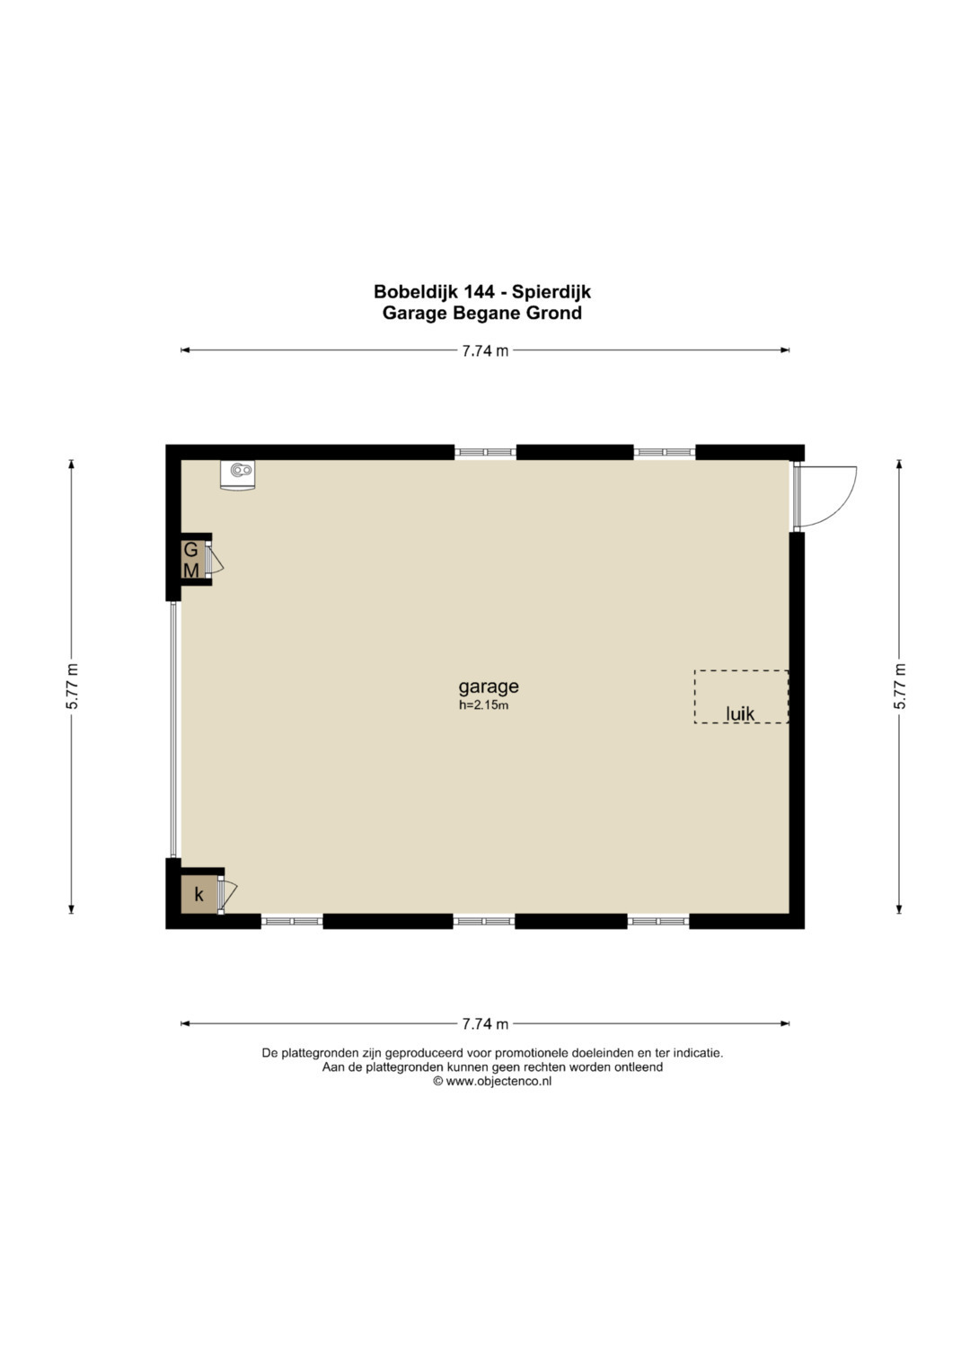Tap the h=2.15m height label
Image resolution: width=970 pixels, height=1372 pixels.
tap(484, 705)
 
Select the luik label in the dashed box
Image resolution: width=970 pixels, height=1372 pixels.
tap(740, 713)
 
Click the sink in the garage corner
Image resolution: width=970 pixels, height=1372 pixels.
tap(238, 474)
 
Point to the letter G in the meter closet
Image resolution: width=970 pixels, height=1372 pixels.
tap(190, 550)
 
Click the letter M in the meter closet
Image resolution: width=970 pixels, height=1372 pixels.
tap(191, 571)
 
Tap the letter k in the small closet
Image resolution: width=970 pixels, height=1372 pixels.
tap(198, 895)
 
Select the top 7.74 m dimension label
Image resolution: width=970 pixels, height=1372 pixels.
tap(485, 351)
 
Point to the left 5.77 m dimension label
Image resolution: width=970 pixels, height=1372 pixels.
tap(72, 686)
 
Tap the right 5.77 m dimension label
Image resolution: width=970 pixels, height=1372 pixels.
tap(900, 686)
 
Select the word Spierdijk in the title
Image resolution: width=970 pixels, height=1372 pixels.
tap(551, 292)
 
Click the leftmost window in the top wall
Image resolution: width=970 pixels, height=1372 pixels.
tap(486, 452)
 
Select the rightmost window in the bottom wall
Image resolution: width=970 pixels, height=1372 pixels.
tap(658, 921)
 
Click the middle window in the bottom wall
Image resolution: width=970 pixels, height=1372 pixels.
tap(484, 921)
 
